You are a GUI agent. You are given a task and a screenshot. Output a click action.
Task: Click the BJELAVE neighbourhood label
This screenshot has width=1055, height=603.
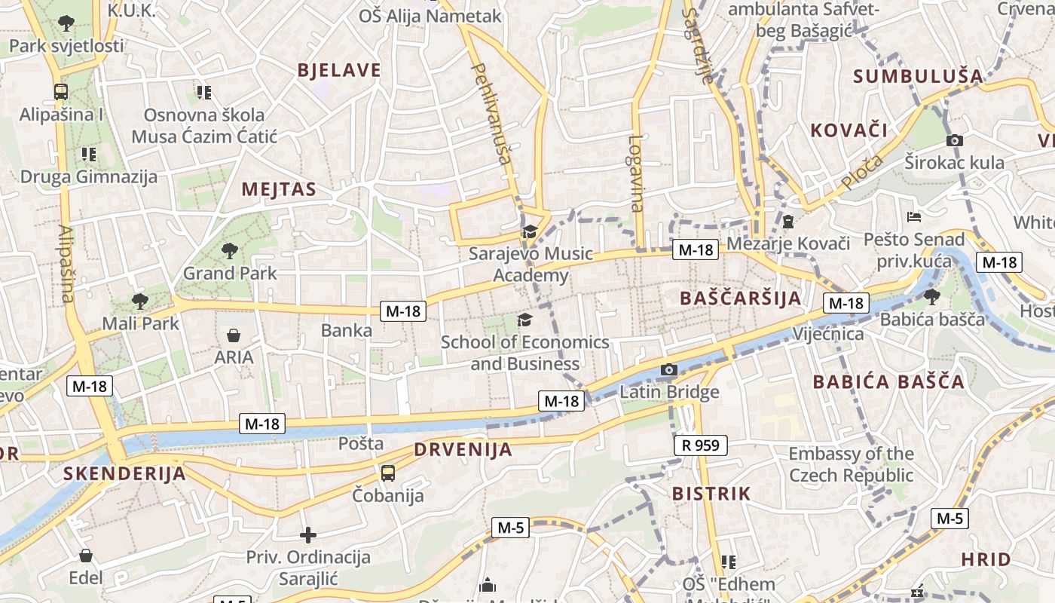[x=339, y=71]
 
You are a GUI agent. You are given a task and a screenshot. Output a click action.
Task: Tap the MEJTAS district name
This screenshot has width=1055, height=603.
[x=279, y=189]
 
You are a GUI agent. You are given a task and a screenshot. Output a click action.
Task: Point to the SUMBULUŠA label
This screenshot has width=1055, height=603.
[x=918, y=76]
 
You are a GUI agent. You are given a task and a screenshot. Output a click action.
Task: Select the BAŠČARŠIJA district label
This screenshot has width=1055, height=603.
[x=741, y=298]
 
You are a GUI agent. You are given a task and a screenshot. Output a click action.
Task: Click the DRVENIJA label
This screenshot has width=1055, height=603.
[x=463, y=450]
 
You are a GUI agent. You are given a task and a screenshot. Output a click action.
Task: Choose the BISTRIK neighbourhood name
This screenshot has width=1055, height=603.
[x=711, y=494]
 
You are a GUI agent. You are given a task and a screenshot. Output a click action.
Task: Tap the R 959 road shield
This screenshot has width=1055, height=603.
[x=701, y=445]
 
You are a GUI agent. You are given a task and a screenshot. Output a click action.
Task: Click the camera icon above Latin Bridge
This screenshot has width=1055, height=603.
[x=668, y=369]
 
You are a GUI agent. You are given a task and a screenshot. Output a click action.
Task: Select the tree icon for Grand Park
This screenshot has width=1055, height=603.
[x=230, y=250]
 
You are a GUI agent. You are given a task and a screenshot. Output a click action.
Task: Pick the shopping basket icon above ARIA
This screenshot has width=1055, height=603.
[x=234, y=335]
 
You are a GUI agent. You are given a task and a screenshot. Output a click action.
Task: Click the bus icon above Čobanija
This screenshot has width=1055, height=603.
[x=388, y=473]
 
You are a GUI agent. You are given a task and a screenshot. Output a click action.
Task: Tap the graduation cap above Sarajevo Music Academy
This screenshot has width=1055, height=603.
[x=530, y=231]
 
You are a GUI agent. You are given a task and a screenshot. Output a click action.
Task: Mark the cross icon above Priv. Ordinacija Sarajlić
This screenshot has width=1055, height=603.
[x=308, y=535]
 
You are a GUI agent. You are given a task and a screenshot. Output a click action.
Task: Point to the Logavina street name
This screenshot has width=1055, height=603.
[x=638, y=173]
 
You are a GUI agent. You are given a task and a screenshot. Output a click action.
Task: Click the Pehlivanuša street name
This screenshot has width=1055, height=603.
[x=491, y=113]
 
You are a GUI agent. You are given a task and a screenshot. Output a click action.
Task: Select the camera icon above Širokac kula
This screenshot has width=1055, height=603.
[x=955, y=140]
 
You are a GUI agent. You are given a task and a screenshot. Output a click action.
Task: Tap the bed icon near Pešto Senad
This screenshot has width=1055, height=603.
[x=914, y=217]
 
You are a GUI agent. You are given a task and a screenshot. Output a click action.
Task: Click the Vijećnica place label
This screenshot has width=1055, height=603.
[x=828, y=333]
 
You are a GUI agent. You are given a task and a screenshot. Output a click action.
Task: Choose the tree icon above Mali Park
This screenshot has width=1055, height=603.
[x=139, y=301]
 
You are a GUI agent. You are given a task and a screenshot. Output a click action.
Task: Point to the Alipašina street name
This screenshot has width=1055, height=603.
[x=66, y=264]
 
